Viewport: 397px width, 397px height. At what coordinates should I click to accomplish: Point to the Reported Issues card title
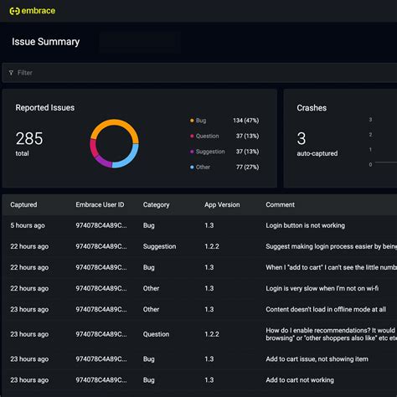click(44, 107)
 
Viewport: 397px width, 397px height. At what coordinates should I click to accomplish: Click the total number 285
click(28, 139)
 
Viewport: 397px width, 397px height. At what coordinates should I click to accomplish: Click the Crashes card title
click(312, 108)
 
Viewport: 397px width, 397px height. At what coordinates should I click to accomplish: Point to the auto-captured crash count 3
click(302, 139)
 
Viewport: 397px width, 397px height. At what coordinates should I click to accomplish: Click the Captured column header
click(23, 204)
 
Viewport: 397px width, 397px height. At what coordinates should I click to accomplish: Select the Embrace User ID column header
click(100, 204)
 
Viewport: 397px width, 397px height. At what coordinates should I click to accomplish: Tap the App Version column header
click(222, 204)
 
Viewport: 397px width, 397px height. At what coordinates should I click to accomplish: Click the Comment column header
click(281, 204)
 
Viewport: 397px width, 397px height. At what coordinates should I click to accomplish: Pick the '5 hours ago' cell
click(28, 225)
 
